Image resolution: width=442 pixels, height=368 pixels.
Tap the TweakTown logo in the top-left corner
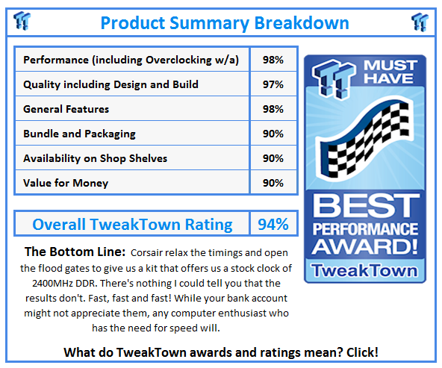(22, 22)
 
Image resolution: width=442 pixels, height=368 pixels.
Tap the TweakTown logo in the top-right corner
(420, 22)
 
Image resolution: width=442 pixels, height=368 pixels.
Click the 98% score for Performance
(273, 60)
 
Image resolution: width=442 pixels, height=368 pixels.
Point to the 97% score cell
(273, 84)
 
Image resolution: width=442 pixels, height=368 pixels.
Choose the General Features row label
(66, 109)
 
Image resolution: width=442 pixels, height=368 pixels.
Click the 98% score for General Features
(273, 109)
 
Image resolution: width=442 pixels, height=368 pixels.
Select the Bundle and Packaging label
(79, 134)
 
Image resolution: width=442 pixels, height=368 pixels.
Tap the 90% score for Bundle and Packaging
(273, 134)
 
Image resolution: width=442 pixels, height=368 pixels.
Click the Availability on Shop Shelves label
(96, 158)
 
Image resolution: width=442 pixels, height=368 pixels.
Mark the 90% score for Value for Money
(273, 183)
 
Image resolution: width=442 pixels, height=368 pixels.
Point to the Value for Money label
(66, 183)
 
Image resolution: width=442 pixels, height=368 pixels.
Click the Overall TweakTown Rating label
(132, 224)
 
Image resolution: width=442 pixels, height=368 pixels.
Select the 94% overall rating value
(272, 224)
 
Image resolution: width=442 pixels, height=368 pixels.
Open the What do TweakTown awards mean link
(221, 352)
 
